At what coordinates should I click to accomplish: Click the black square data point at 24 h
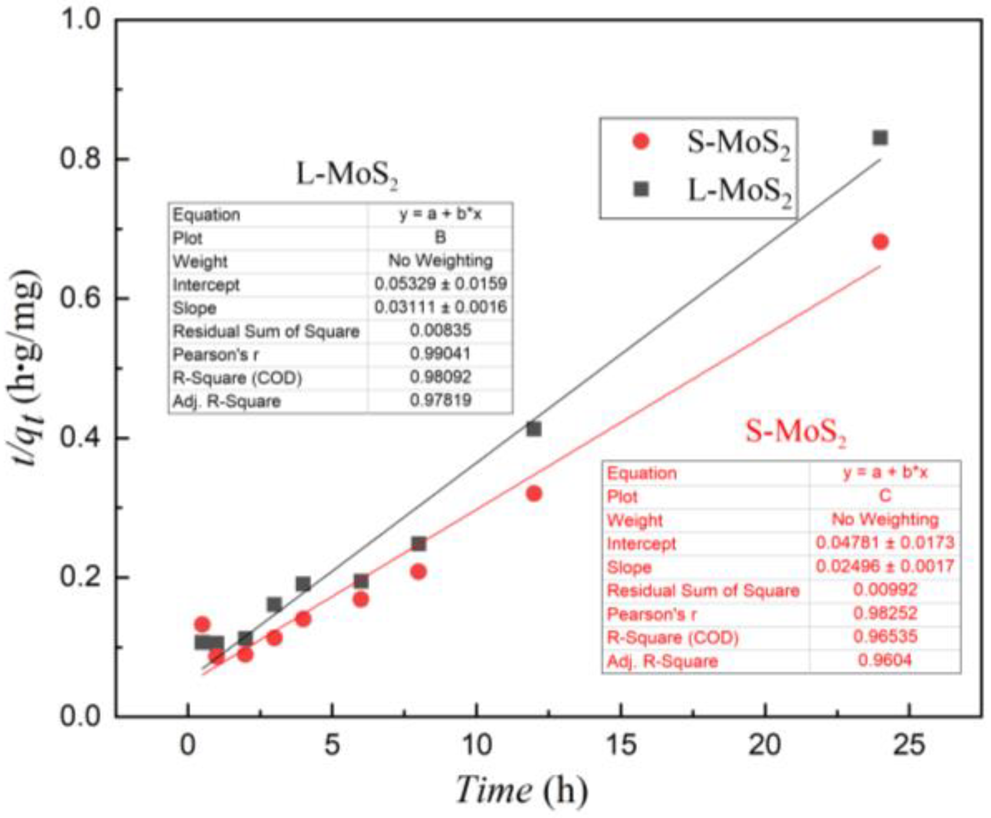[880, 138]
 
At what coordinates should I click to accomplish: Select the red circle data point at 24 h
[880, 242]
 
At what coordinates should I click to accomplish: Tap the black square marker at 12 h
[533, 429]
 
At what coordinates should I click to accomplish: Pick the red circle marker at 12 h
[533, 493]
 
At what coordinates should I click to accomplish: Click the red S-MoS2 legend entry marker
[641, 142]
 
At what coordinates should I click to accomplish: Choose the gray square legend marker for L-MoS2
[641, 189]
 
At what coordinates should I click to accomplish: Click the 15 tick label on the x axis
[621, 745]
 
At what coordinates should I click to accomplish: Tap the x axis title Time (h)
[521, 790]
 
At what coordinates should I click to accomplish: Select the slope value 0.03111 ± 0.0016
[440, 307]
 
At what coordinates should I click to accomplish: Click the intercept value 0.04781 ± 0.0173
[884, 543]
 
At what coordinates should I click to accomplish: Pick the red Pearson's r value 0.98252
[884, 613]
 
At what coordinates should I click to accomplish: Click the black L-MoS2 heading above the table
[347, 175]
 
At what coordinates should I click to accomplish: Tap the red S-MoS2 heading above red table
[795, 431]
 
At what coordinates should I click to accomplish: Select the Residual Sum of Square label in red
[703, 590]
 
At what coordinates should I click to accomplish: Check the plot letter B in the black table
[440, 237]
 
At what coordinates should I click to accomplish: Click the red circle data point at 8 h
[418, 571]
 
